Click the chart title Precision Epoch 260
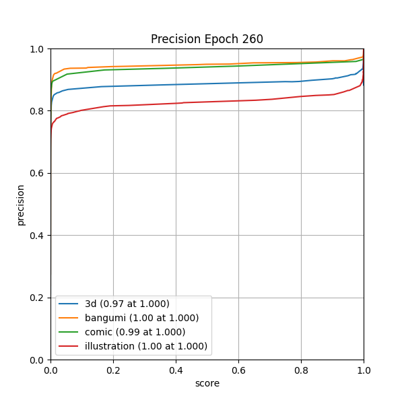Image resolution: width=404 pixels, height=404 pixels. tap(207, 39)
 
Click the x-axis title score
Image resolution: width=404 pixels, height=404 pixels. tap(207, 383)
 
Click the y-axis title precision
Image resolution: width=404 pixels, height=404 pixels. tap(21, 205)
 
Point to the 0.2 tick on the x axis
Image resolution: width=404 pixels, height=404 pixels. tap(113, 370)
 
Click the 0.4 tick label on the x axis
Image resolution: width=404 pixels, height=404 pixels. tap(176, 370)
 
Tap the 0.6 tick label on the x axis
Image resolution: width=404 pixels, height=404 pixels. tap(238, 370)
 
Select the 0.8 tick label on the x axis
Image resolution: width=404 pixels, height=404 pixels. tap(301, 370)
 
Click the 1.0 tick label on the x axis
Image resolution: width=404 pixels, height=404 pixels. tap(364, 370)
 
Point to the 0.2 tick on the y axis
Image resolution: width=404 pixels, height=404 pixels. tap(38, 298)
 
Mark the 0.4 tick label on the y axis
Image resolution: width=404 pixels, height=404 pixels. tap(38, 236)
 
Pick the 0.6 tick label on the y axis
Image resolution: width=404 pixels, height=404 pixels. tap(38, 173)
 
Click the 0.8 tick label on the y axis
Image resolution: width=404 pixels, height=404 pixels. tap(38, 111)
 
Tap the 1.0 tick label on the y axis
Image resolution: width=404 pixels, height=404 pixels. tap(38, 49)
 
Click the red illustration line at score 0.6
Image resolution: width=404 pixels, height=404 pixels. tap(238, 100)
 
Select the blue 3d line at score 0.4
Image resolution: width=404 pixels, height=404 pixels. tap(176, 84)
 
